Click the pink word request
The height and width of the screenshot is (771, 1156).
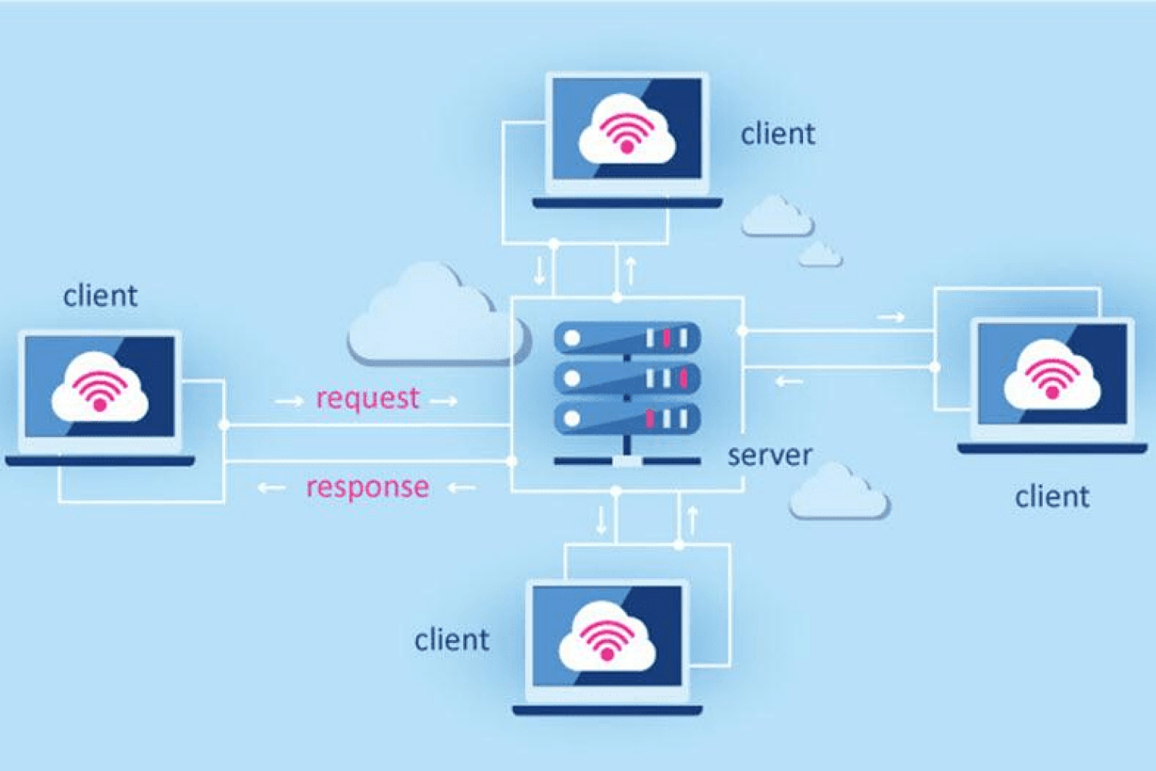pyautogui.click(x=368, y=399)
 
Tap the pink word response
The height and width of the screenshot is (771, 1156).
pyautogui.click(x=368, y=487)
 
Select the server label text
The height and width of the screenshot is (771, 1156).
pyautogui.click(x=770, y=456)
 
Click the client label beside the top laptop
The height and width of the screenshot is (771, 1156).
pyautogui.click(x=778, y=134)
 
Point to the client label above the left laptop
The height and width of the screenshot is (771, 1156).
pyautogui.click(x=100, y=296)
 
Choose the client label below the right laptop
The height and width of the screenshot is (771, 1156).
pyautogui.click(x=1052, y=497)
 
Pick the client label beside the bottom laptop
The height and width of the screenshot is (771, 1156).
pyautogui.click(x=452, y=640)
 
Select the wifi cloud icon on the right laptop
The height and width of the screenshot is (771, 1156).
pyautogui.click(x=1052, y=377)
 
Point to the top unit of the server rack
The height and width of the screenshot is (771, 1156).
pyautogui.click(x=627, y=338)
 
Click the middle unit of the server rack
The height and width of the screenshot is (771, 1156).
pyautogui.click(x=627, y=378)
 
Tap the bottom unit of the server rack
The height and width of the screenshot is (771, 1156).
pyautogui.click(x=627, y=419)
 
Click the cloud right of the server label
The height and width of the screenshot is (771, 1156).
pyautogui.click(x=838, y=493)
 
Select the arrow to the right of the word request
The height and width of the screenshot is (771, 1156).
pyautogui.click(x=444, y=401)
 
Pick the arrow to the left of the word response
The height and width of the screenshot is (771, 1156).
pyautogui.click(x=271, y=488)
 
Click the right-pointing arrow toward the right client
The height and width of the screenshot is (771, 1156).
pyautogui.click(x=891, y=317)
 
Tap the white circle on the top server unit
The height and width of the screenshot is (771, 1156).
pyautogui.click(x=572, y=338)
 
